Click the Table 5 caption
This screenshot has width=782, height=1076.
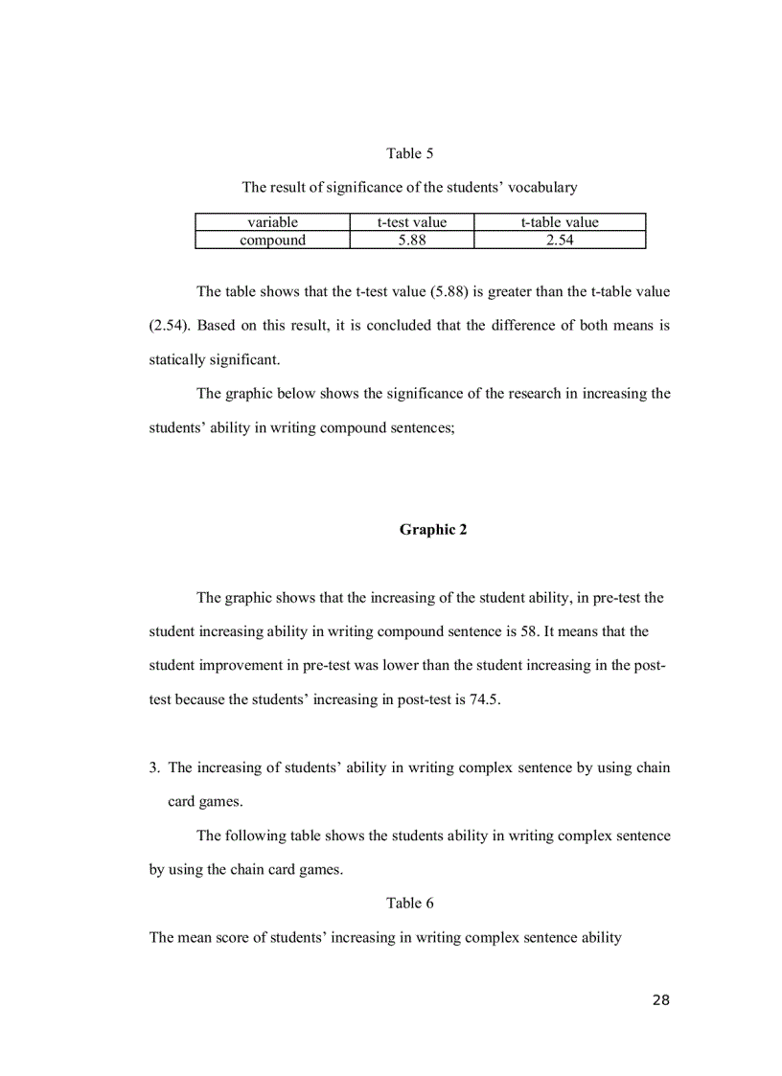409,153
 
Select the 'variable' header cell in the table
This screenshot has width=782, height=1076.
272,222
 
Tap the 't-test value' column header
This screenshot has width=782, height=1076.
411,222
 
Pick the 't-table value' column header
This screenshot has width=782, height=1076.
560,222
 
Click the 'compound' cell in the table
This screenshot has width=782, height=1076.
272,240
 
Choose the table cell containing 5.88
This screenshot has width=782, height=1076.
411,240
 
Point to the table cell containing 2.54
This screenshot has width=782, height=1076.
560,240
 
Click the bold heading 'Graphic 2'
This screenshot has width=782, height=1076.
433,530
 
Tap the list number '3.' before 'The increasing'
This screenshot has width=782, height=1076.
154,767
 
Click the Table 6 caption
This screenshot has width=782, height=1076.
409,904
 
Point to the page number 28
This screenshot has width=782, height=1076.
660,1000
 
